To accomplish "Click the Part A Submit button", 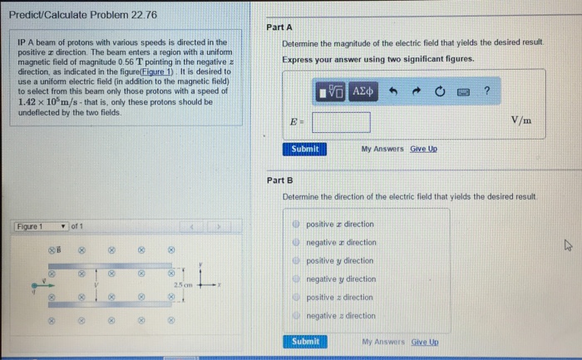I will click(x=305, y=149).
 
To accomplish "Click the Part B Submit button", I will click(x=305, y=342).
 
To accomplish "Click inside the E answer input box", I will click(x=341, y=122).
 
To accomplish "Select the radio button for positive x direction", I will click(x=296, y=224).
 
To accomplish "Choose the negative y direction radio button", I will click(x=296, y=279).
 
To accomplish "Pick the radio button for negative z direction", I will click(x=296, y=316).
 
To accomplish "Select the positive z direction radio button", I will click(x=296, y=298).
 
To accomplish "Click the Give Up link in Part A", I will click(x=423, y=149).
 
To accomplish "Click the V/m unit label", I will click(x=521, y=121).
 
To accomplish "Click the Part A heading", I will click(x=279, y=27).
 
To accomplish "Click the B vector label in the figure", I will click(x=58, y=248).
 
